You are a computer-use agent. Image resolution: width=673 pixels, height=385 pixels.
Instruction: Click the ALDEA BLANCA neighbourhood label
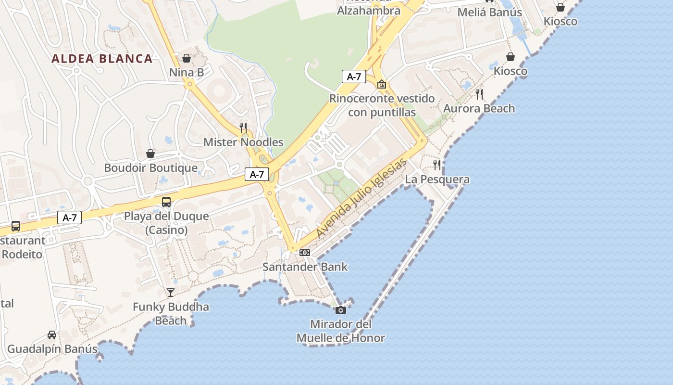(102, 59)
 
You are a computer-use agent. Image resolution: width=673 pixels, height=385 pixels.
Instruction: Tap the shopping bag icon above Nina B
(187, 58)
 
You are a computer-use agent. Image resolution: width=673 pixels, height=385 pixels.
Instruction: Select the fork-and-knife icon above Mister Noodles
(243, 128)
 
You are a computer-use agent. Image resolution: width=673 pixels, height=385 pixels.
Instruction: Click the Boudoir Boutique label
(151, 168)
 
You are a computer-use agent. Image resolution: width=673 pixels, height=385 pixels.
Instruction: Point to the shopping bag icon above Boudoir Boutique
(150, 154)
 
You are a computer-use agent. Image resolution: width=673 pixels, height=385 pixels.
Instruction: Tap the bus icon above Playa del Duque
(166, 202)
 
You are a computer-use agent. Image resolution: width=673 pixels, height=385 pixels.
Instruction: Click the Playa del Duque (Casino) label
(166, 223)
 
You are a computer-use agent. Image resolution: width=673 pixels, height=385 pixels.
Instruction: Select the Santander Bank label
(305, 267)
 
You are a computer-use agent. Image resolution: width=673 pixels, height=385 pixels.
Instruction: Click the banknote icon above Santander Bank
(305, 253)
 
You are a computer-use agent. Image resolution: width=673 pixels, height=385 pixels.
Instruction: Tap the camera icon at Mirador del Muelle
(341, 310)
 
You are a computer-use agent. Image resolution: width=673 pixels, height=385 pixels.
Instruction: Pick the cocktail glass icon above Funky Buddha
(171, 292)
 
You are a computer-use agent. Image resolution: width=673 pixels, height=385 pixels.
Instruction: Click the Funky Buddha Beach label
(171, 313)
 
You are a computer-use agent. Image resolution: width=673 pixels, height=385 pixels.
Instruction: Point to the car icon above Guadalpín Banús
(52, 334)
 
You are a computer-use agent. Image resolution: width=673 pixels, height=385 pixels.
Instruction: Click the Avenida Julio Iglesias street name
(362, 197)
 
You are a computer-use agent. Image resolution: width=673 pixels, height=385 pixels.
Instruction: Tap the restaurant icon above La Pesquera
(437, 165)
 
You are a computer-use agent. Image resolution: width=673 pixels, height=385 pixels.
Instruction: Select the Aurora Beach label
(479, 109)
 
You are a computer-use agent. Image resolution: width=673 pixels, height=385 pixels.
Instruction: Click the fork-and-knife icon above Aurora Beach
(479, 94)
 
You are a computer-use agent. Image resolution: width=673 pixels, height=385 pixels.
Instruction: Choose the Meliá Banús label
(489, 12)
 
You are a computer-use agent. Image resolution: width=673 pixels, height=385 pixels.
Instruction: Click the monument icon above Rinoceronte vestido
(382, 84)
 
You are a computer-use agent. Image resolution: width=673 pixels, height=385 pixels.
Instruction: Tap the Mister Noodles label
(243, 142)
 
